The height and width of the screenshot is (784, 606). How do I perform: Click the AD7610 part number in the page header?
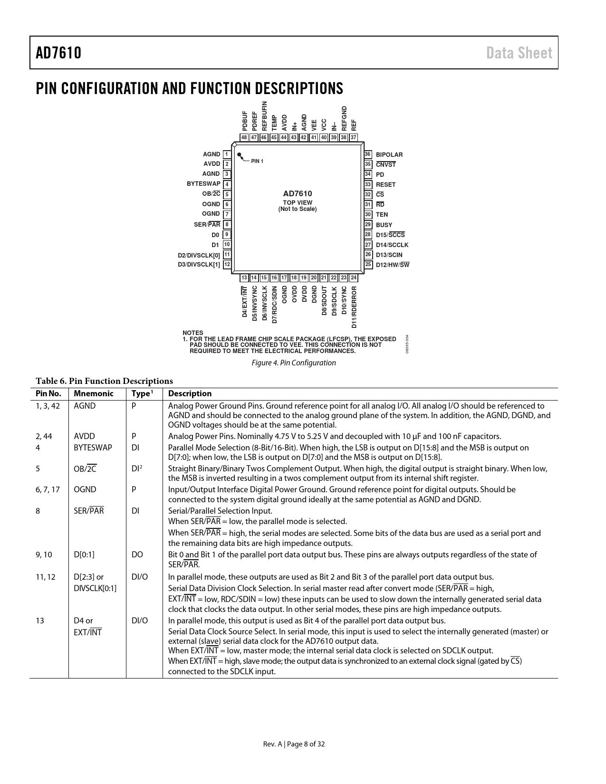click(x=58, y=53)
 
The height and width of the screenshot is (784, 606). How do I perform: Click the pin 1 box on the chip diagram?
click(x=227, y=154)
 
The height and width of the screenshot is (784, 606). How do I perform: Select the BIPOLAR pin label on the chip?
click(x=389, y=155)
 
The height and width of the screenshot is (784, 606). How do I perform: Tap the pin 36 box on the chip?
click(x=367, y=154)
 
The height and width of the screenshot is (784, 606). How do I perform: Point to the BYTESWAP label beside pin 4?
click(x=203, y=184)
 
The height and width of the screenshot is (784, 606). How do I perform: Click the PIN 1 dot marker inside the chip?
click(x=240, y=154)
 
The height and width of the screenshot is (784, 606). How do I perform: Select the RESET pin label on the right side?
click(x=385, y=185)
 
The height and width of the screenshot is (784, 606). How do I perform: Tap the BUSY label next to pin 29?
click(x=384, y=225)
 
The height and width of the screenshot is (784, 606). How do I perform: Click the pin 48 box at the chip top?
click(x=244, y=137)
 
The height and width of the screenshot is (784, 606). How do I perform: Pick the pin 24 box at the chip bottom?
click(x=354, y=277)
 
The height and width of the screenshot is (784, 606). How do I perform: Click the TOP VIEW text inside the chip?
click(x=298, y=203)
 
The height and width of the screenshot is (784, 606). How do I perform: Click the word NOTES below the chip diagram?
click(x=192, y=333)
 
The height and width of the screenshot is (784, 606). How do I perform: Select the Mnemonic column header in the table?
click(x=94, y=393)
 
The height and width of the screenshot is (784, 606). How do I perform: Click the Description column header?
click(x=190, y=393)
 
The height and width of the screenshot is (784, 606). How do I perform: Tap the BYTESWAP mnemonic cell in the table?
click(x=93, y=448)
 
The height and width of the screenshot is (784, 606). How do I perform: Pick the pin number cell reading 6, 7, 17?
click(x=48, y=489)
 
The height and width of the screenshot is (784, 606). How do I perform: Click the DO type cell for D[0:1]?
click(x=137, y=555)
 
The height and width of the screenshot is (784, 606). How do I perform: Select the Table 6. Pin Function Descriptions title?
click(x=104, y=381)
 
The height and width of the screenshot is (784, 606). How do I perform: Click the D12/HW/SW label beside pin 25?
click(x=393, y=265)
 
